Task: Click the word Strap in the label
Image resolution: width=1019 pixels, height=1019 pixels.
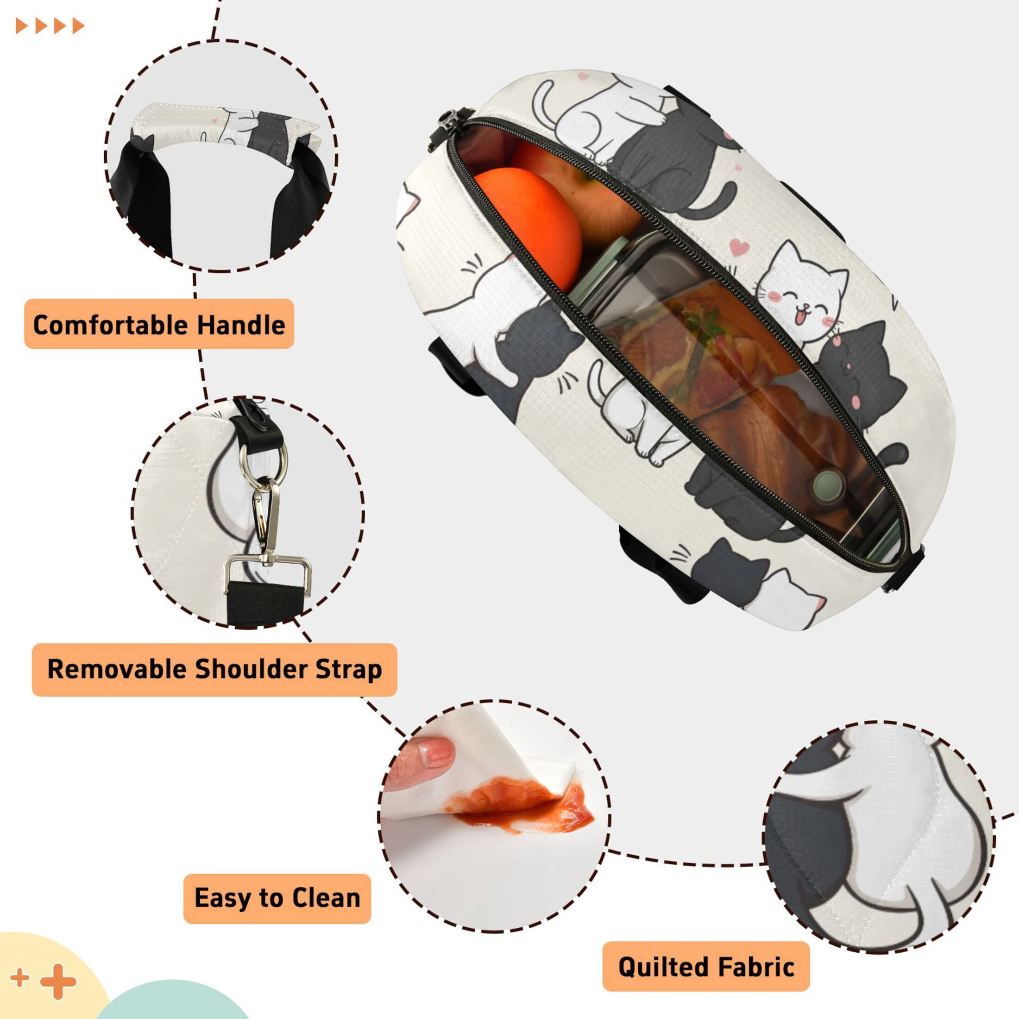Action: click(349, 670)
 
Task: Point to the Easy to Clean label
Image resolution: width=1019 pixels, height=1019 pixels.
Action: click(277, 898)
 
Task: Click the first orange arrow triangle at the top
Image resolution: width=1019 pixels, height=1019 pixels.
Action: click(22, 26)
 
